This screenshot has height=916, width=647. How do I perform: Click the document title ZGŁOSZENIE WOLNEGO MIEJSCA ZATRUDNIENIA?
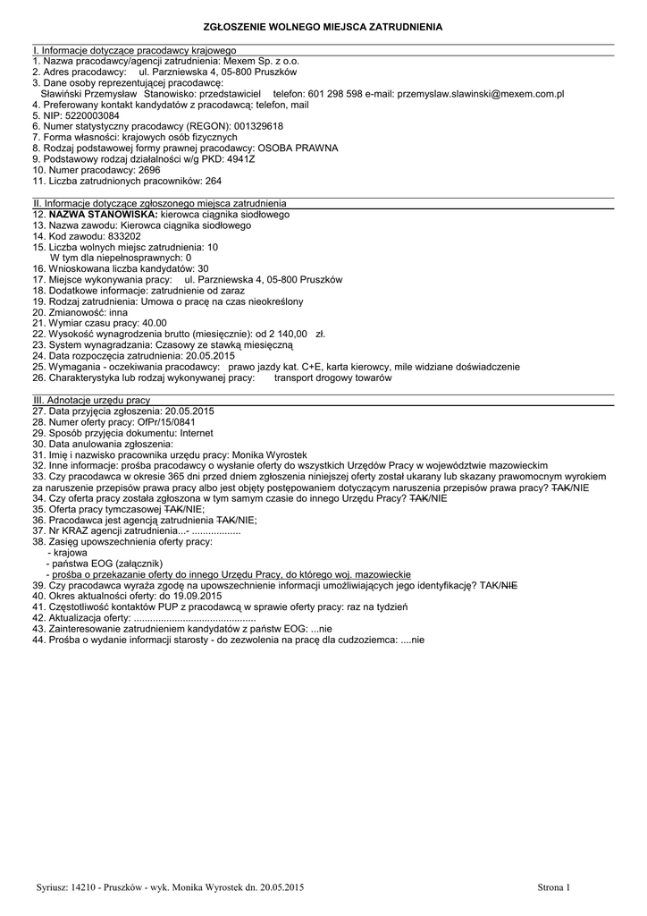click(x=323, y=29)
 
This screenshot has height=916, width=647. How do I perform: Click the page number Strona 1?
click(x=553, y=886)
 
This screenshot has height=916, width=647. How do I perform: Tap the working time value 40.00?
click(x=148, y=323)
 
